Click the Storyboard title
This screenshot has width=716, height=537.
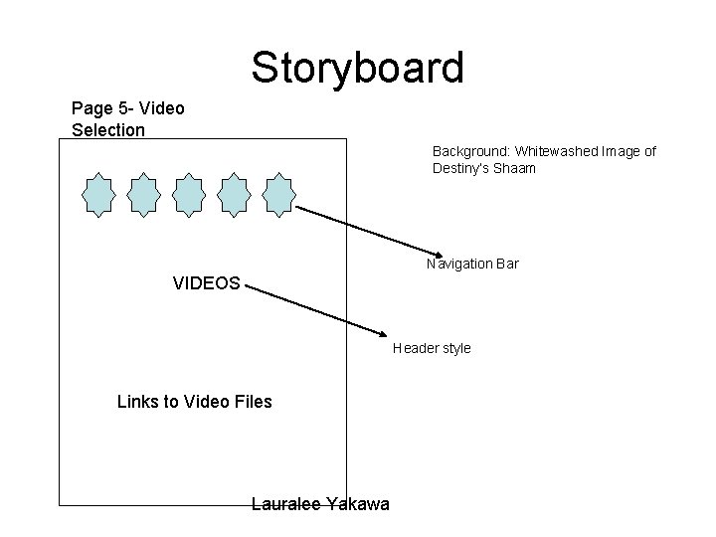point(357,68)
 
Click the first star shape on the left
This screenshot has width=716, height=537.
point(99,194)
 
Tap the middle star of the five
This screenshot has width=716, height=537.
point(189,194)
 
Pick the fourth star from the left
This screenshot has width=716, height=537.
point(235,194)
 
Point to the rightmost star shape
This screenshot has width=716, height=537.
point(279,194)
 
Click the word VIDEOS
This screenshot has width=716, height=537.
point(206,283)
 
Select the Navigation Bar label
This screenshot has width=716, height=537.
point(472,264)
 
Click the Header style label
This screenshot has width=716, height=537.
point(432,348)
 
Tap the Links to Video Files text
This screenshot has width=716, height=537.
point(194,402)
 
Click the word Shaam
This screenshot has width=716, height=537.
point(515,168)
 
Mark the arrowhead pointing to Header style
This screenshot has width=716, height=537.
point(383,333)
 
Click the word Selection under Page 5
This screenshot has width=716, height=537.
point(108,129)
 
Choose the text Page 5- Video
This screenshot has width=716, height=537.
point(128,107)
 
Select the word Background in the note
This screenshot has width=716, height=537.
point(469,151)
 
